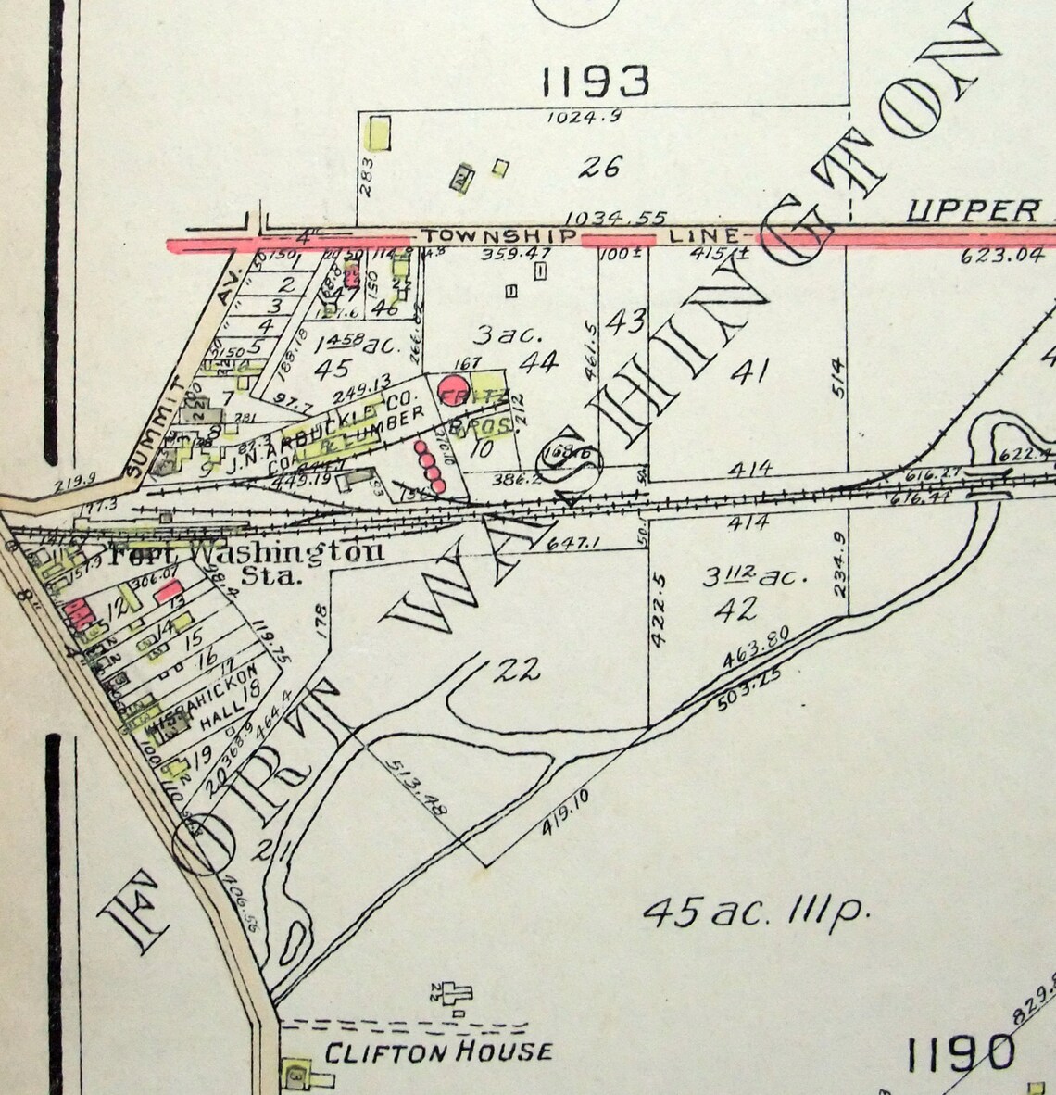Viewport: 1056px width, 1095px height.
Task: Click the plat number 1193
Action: [595, 82]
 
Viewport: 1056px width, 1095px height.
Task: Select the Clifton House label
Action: [437, 1051]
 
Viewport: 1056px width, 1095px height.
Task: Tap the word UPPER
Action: [972, 210]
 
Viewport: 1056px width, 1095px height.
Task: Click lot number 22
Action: [516, 671]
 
